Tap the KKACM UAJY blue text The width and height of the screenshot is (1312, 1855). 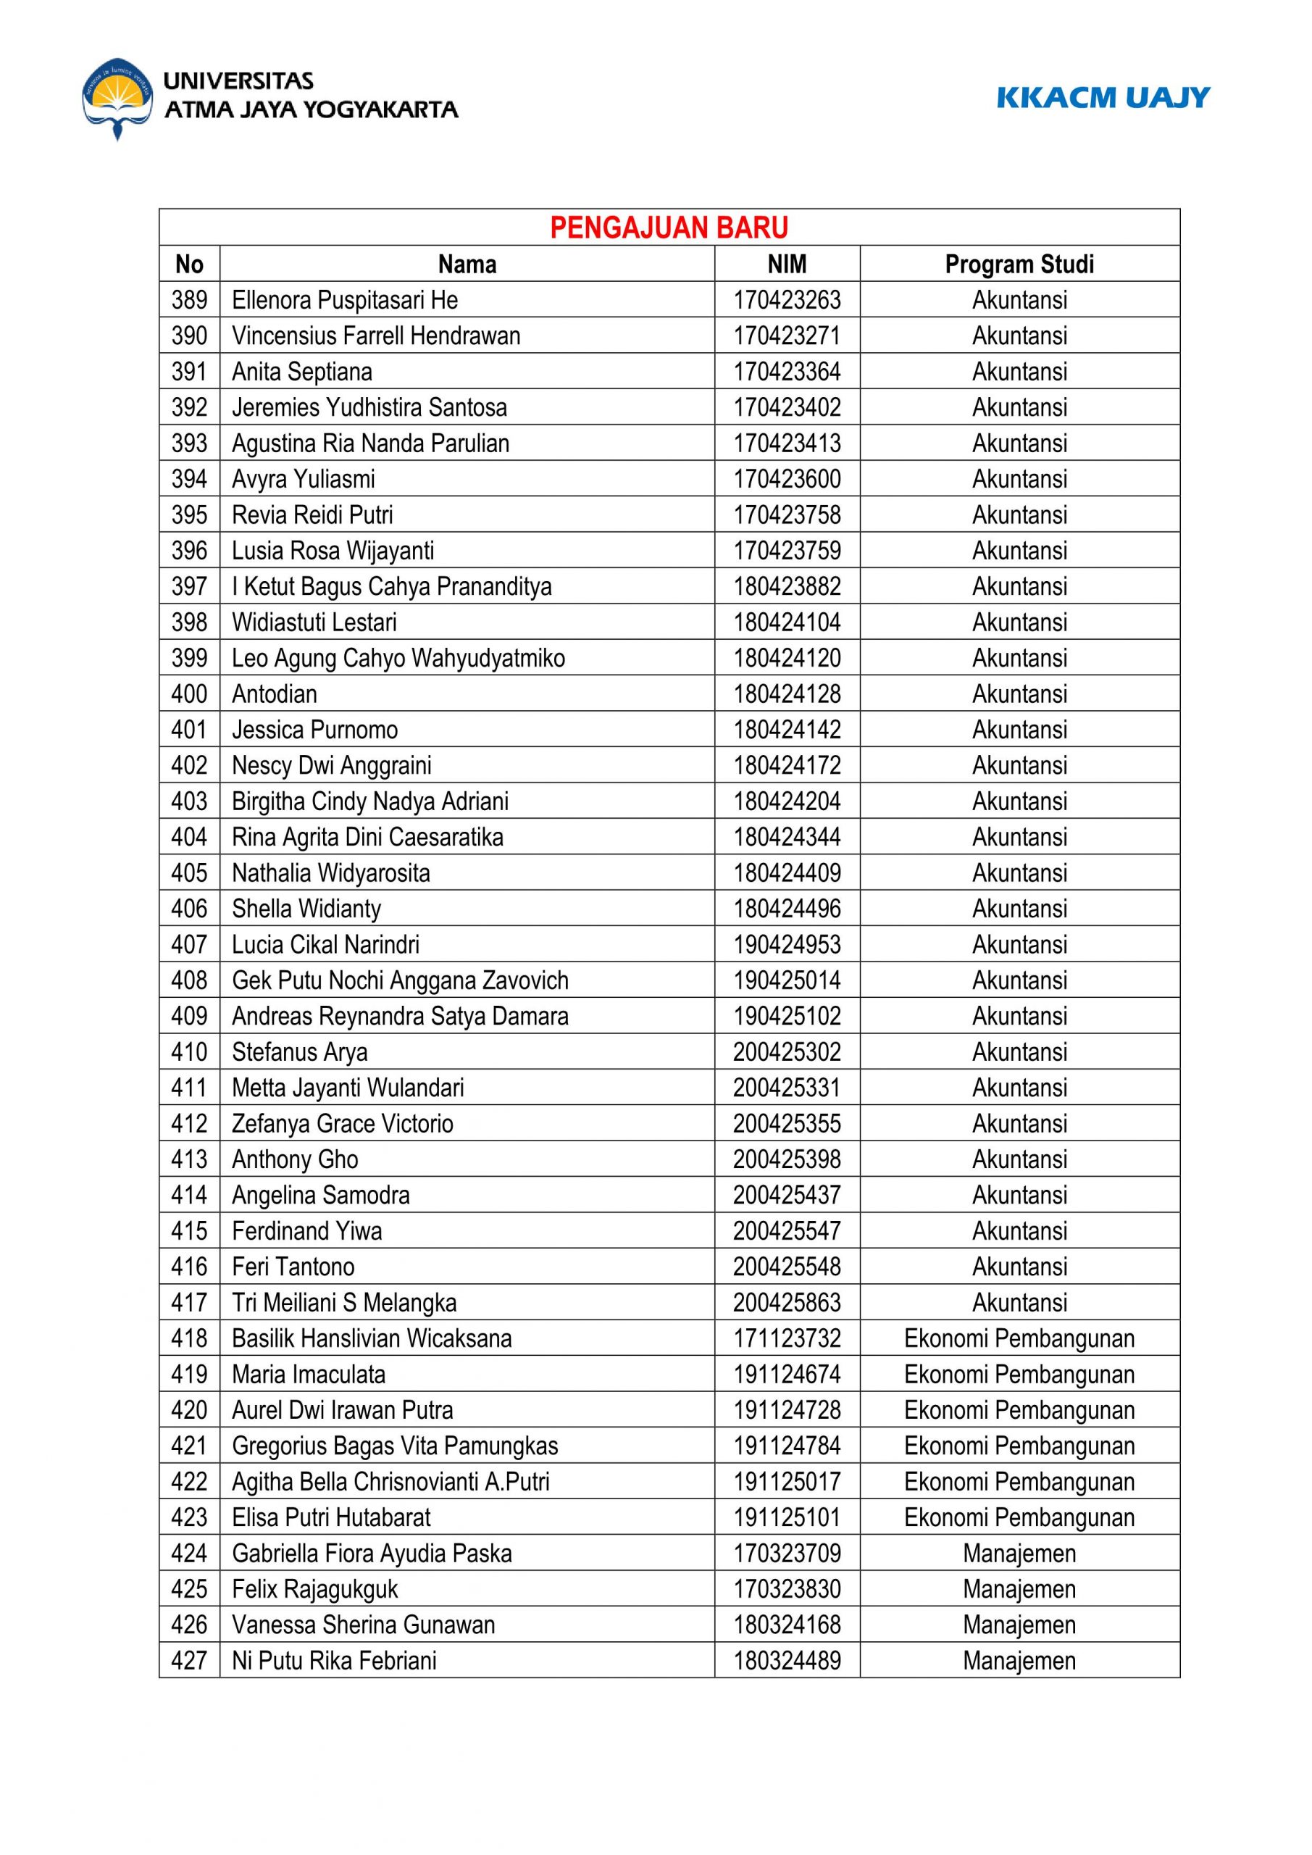(1103, 98)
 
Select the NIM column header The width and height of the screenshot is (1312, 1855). (787, 264)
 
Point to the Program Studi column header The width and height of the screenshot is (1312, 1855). (1019, 264)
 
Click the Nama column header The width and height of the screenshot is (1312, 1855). (467, 264)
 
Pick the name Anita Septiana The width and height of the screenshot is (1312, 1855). (302, 372)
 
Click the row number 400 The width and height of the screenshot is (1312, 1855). (189, 694)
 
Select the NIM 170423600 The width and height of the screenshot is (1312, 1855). (787, 479)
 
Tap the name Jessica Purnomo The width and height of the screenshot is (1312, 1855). (315, 730)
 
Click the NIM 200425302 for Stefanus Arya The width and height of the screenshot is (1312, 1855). (787, 1052)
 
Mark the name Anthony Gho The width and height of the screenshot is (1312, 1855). (295, 1159)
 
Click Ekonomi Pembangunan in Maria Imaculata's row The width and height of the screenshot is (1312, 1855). (1019, 1375)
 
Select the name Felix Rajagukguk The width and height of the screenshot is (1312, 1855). (315, 1589)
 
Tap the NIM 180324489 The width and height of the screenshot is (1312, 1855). (787, 1660)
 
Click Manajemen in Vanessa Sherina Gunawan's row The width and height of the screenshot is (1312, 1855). (1019, 1625)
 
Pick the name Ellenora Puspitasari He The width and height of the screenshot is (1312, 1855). (345, 301)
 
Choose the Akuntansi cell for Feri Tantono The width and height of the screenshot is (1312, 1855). (1019, 1267)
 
